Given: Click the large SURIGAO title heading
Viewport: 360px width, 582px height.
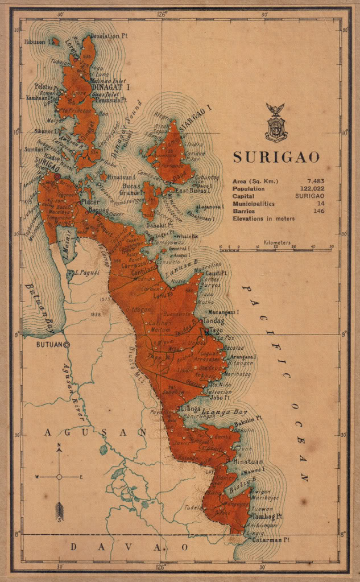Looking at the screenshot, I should (x=276, y=157).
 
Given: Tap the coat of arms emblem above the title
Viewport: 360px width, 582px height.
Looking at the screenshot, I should (x=276, y=122).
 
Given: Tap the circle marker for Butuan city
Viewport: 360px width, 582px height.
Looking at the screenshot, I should (x=67, y=344).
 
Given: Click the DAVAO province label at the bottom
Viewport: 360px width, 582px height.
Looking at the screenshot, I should (x=127, y=547).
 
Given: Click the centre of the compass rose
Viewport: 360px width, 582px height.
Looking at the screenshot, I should (x=59, y=477).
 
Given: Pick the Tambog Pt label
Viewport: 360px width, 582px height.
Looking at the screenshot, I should (x=266, y=517).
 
